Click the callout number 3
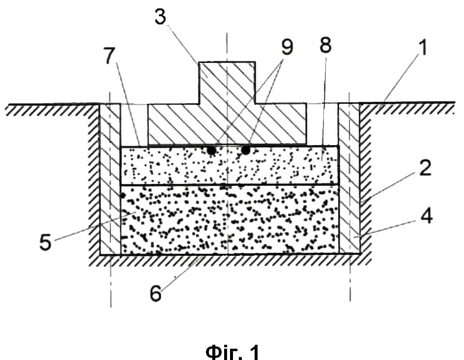coord(160,17)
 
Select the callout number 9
coord(287,47)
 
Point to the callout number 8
coord(326,45)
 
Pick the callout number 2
coord(426,168)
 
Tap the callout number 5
coord(45,242)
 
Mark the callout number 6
coord(156,294)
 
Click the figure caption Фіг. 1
coord(232,352)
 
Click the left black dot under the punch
coord(211,150)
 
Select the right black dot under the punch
coord(246,150)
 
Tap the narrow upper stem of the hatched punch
coord(227,83)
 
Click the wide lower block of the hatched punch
coord(227,124)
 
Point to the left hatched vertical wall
coord(110,179)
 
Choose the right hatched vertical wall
coord(349,178)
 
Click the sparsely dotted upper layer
coord(230,165)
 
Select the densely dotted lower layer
coord(230,219)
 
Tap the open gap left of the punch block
coord(134,124)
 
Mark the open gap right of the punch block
coord(322,124)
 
